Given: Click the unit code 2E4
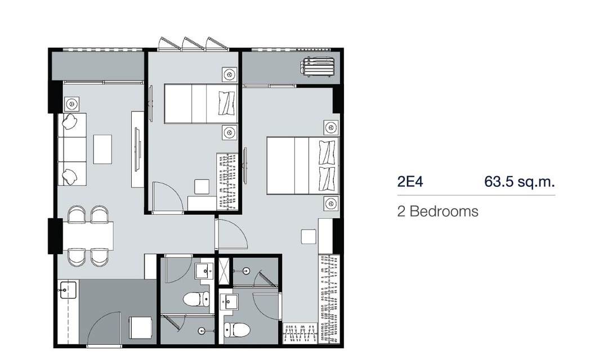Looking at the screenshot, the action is (410, 181).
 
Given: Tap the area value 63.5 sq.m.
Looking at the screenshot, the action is (520, 181).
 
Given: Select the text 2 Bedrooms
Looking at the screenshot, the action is (438, 211).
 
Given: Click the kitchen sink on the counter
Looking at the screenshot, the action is (68, 290).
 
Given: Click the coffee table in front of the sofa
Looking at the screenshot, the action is (102, 149).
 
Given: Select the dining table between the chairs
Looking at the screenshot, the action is (88, 236).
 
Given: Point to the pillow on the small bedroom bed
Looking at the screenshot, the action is (227, 103).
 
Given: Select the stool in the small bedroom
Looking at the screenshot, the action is (202, 186).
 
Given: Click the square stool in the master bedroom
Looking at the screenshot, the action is (309, 236).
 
